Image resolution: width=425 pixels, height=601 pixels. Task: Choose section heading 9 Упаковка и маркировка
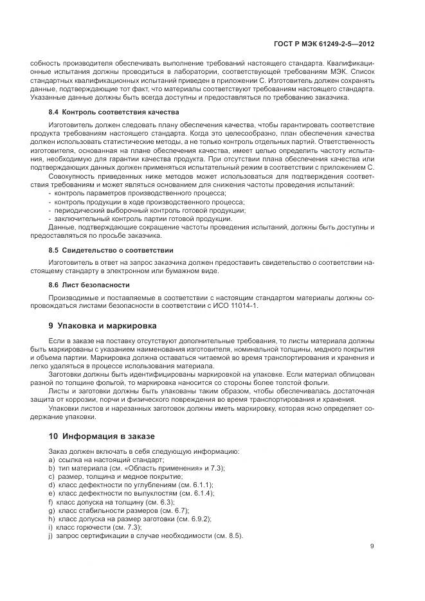click(x=102, y=325)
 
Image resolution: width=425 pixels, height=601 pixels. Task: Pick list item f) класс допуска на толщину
click(x=115, y=501)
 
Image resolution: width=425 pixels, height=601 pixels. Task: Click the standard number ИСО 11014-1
click(x=237, y=306)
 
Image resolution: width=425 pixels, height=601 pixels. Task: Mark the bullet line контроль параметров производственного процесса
click(x=140, y=193)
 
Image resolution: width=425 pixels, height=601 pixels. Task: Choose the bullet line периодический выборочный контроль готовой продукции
click(x=150, y=210)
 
